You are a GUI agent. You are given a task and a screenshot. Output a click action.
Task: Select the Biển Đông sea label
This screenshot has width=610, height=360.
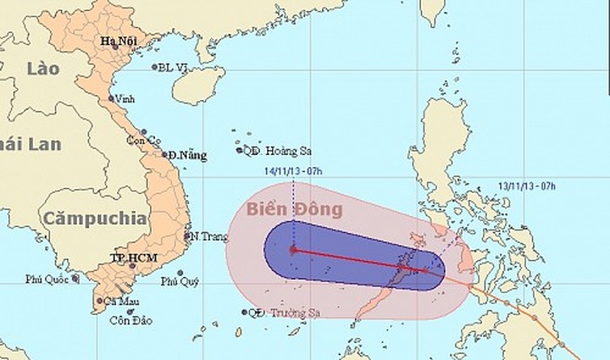pos(294,208)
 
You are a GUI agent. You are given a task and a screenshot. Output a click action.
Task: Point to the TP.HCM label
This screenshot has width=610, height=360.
pos(130,255)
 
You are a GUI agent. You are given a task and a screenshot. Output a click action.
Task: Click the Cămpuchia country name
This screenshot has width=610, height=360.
pos(97,217)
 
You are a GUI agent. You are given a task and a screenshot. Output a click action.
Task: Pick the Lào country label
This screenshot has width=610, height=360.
pos(42,67)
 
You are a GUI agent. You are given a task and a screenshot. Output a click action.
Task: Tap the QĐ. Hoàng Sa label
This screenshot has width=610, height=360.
pos(275,152)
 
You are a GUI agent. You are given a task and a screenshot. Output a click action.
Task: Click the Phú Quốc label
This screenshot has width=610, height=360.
pos(47,277)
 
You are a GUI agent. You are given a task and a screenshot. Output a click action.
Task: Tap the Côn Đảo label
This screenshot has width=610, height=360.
pos(130,320)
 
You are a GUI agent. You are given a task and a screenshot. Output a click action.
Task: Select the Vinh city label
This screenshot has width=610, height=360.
pos(126,99)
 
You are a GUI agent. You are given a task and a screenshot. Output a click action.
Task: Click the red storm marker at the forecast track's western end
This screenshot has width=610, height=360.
pos(293,250)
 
